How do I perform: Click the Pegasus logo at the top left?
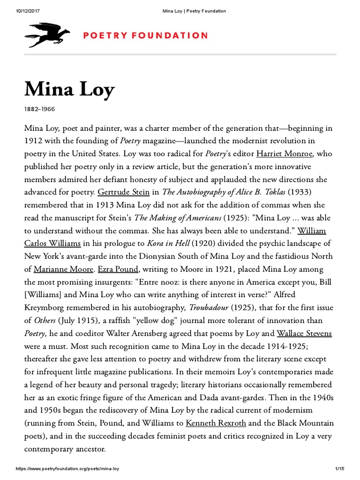tap(47, 35)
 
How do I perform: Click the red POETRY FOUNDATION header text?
tap(146, 36)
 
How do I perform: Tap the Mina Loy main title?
tap(69, 89)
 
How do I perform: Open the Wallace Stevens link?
tap(304, 333)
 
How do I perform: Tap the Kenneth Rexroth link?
tap(216, 423)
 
